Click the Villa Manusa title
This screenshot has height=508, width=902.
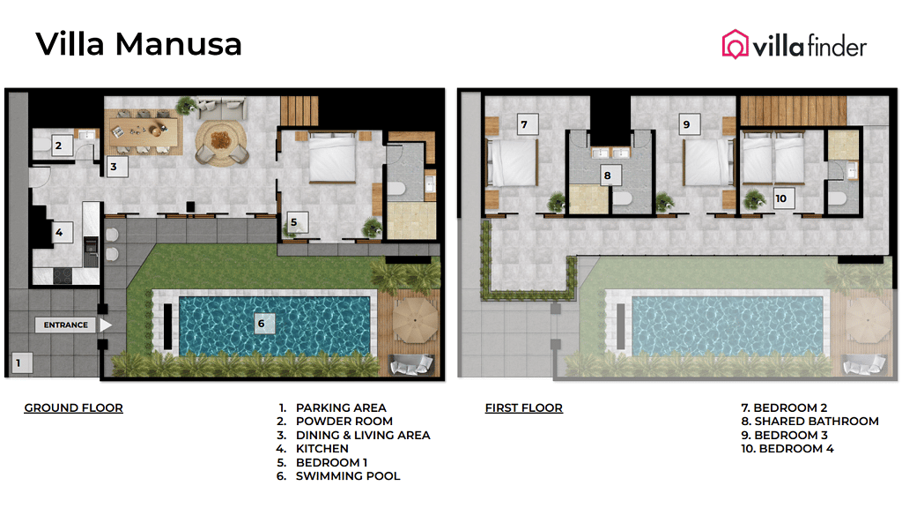click(138, 43)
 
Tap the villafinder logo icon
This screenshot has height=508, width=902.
click(735, 44)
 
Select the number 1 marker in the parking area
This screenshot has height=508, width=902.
click(23, 362)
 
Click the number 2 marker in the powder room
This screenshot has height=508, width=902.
click(59, 146)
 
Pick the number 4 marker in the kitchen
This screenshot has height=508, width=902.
click(59, 234)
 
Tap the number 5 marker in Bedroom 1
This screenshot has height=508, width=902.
click(294, 222)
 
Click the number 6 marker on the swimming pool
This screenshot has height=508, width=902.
click(261, 324)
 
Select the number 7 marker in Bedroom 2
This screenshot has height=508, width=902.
click(524, 125)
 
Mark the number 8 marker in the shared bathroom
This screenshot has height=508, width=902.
click(607, 176)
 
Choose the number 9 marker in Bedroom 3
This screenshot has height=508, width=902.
click(686, 125)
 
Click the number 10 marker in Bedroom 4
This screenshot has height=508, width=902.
click(780, 198)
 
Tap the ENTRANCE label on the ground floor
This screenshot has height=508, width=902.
click(67, 325)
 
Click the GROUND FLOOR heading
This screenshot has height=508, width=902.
click(73, 407)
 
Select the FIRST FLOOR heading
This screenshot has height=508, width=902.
click(523, 407)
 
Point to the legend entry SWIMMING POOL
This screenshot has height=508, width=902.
click(347, 476)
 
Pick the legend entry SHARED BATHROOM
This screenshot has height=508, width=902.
click(816, 422)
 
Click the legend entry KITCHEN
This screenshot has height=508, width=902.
click(322, 449)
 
